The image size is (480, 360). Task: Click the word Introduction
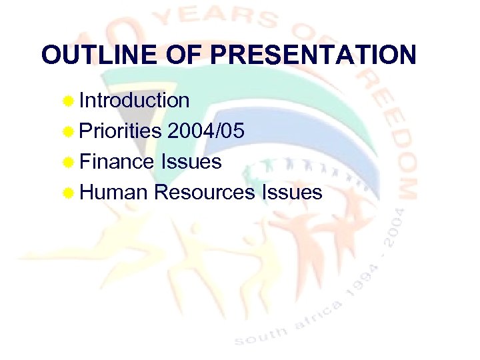click(134, 101)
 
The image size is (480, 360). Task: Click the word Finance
click(117, 162)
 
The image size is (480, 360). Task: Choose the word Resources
click(204, 193)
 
